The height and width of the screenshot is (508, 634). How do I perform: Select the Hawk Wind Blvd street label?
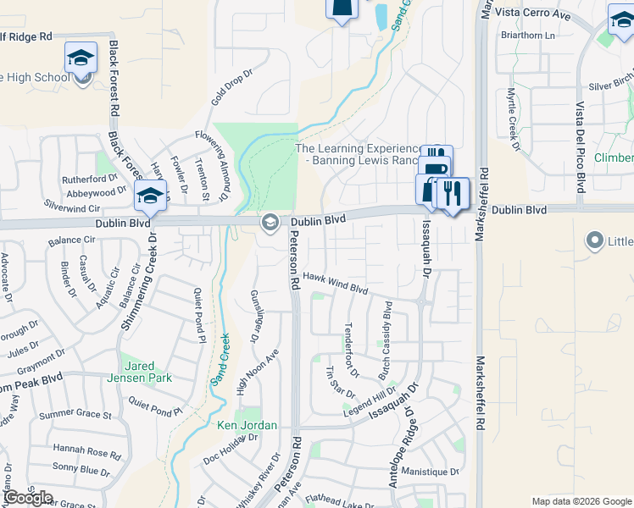pos(336,283)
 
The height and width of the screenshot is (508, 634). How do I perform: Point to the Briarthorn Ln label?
pos(526,36)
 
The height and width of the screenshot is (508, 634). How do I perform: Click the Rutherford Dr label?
pos(89,179)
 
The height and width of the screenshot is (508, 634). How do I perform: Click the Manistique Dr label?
pos(430,471)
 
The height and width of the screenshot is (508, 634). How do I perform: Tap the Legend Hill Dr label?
pos(370,400)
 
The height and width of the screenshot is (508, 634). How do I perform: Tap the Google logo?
pos(27,498)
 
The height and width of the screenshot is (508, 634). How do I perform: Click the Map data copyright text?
pos(581,501)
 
